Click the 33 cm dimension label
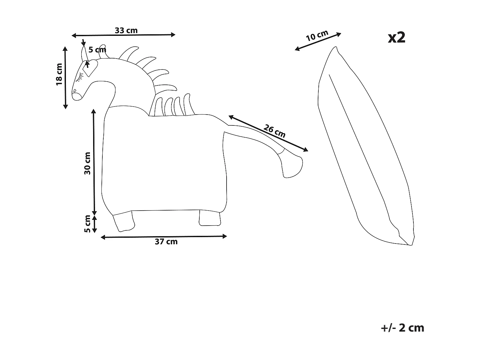coord(126,30)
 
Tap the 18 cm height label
coord(59,74)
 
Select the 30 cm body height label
coord(87,163)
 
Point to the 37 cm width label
coord(166,242)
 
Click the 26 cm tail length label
coord(275,131)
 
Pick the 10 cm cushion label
coord(317,36)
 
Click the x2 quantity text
coord(396,37)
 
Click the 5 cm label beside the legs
coord(87,224)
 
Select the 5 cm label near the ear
coord(97,50)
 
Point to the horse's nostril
coord(75,91)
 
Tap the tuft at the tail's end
coord(291,166)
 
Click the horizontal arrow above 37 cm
coord(164,236)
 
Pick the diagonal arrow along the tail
coord(268,133)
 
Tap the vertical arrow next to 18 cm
coord(65,77)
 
